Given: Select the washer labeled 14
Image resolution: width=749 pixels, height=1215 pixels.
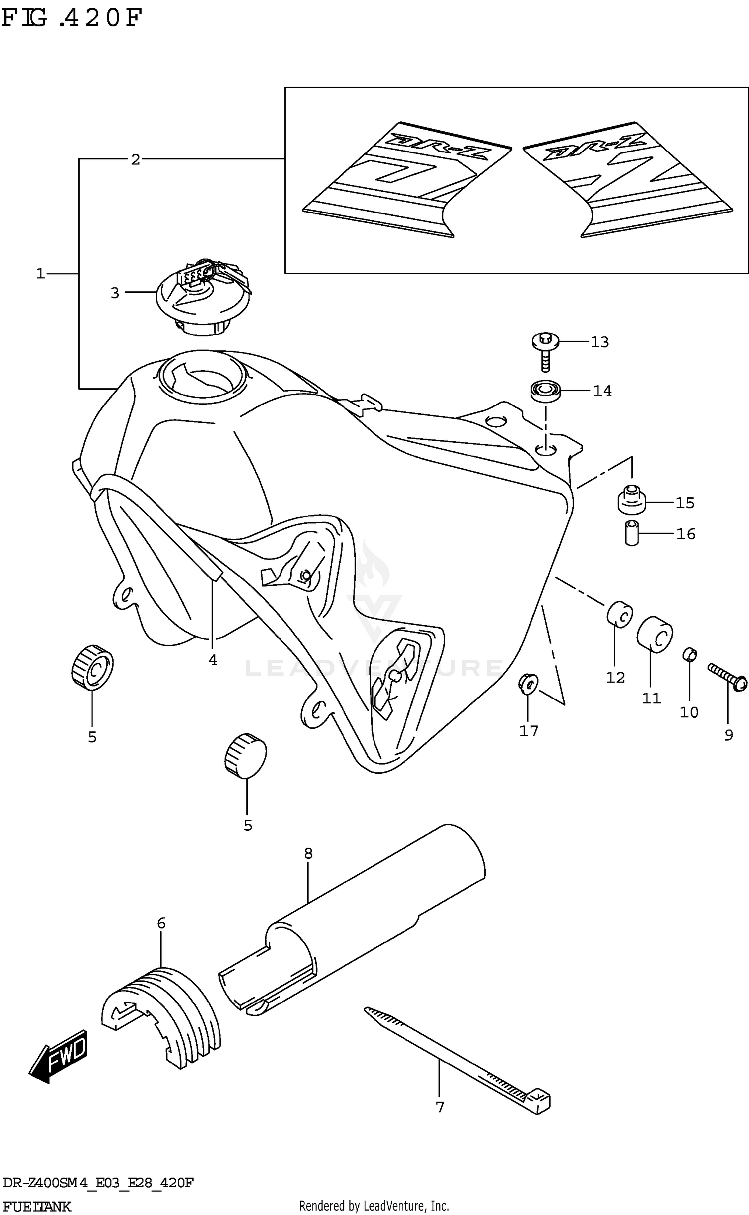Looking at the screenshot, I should pyautogui.click(x=545, y=390).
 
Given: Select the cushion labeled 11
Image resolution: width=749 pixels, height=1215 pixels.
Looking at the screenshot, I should pyautogui.click(x=654, y=634).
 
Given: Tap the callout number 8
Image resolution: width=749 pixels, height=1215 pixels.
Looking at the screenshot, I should pyautogui.click(x=308, y=853).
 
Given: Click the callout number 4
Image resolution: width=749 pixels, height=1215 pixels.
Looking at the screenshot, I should pyautogui.click(x=213, y=660).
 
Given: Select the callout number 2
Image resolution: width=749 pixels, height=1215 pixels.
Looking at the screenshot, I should pyautogui.click(x=135, y=160).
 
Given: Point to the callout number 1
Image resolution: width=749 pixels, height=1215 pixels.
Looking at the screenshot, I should pyautogui.click(x=40, y=274).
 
